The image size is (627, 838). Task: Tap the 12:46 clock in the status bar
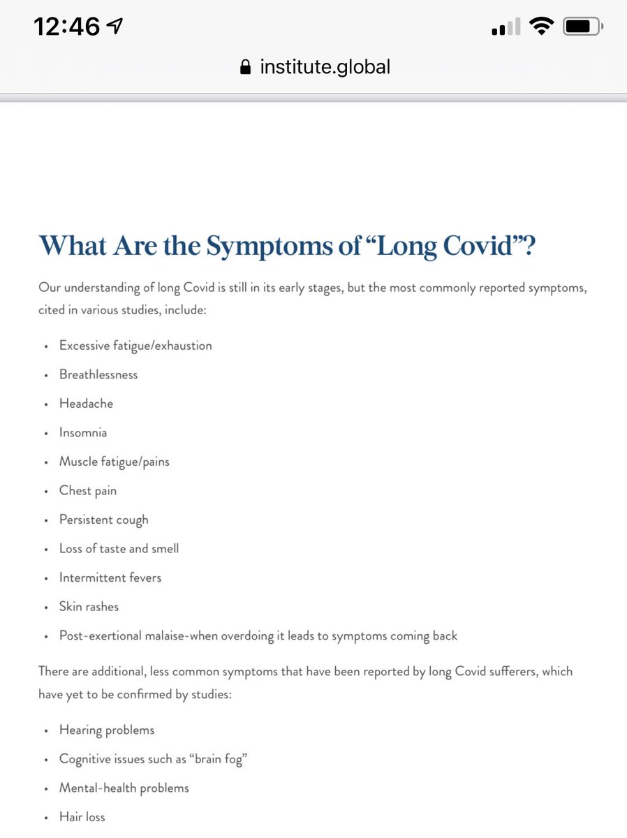68,27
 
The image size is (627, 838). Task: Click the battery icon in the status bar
581,27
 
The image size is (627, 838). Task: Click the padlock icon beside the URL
245,67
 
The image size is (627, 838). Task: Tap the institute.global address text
325,67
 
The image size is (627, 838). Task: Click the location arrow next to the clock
115,27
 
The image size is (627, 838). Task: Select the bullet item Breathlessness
98,374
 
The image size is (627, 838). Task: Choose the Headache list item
86,404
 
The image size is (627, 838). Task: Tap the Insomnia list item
83,433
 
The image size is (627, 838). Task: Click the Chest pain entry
88,491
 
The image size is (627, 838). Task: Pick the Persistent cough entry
103,520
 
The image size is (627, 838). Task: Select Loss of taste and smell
119,549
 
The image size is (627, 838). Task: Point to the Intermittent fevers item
110,578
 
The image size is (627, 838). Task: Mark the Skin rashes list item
89,607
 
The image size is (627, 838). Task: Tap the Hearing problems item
107,730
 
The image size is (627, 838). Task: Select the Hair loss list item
82,817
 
